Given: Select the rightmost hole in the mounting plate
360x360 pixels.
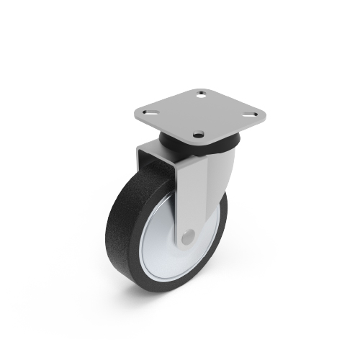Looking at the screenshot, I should [251, 112].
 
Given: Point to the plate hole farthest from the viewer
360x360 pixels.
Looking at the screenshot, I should [201, 94].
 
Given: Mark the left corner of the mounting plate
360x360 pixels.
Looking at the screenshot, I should [135, 115].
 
